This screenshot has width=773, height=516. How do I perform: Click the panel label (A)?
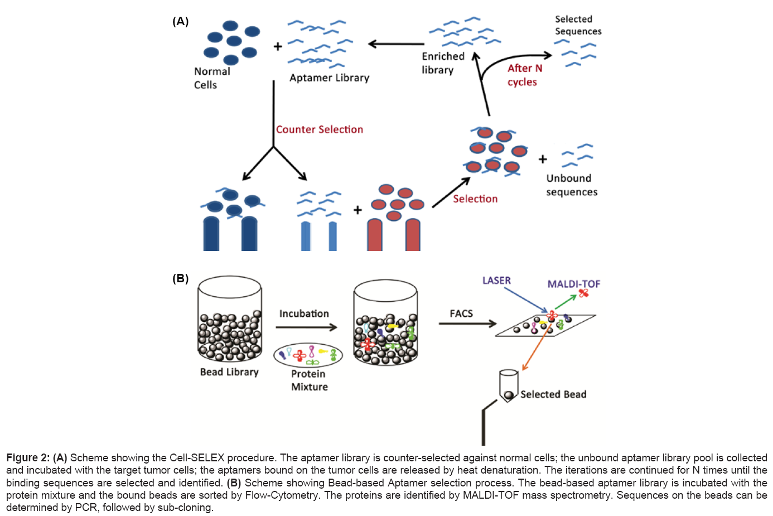tap(180, 22)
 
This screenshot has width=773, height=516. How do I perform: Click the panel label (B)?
tap(180, 278)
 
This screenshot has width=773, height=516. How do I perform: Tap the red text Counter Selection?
tap(320, 129)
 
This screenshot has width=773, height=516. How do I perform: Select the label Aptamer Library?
tap(329, 78)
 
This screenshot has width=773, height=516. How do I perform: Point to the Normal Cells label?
tap(211, 78)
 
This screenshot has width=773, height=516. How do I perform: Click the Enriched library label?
tap(442, 63)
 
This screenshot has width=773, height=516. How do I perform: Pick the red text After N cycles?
tap(524, 75)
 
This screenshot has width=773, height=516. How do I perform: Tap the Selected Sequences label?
tap(578, 25)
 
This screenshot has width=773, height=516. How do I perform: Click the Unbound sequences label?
tap(571, 185)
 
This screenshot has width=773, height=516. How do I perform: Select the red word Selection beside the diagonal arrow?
tap(475, 199)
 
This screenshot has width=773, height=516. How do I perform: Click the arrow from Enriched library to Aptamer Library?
tap(396, 44)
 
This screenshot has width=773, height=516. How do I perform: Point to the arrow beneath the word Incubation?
tap(307, 327)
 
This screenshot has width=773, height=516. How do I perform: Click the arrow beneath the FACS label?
tap(467, 324)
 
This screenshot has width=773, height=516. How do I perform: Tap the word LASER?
tap(496, 281)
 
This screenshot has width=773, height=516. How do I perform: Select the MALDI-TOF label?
tap(573, 284)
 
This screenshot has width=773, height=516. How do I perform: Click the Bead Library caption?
tap(229, 372)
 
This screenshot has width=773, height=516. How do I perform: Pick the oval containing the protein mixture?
tap(308, 355)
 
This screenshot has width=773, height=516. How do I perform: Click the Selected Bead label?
tap(553, 394)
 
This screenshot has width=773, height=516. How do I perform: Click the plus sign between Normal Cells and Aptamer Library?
tap(278, 46)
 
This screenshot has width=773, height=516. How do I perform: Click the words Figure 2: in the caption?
tap(28, 458)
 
